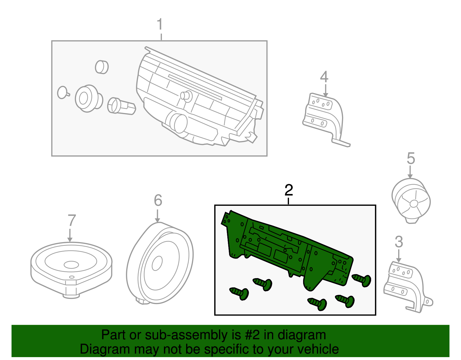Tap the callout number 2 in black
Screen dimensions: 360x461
[x=288, y=190]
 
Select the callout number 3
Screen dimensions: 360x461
[x=399, y=242]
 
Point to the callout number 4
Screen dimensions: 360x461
[x=324, y=77]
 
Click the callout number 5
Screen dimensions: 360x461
[x=411, y=159]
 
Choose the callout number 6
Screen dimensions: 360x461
[x=158, y=200]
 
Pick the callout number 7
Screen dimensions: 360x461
[x=71, y=221]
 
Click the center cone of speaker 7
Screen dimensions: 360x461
[x=71, y=264]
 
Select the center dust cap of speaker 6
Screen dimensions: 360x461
[x=157, y=263]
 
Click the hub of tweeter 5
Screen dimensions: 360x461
[x=413, y=204]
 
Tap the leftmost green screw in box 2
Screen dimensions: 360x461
[x=240, y=293]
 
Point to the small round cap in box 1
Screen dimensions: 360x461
[x=101, y=67]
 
